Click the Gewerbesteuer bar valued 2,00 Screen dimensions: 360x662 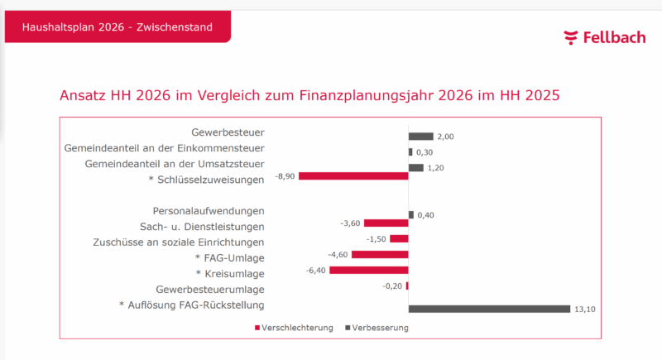pos(420,136)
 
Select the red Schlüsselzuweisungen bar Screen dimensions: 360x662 pos(353,176)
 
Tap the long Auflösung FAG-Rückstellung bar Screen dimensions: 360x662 pos(489,309)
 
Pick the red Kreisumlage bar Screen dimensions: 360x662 pos(369,270)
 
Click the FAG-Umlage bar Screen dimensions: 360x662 pos(380,254)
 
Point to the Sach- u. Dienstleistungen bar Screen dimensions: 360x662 pos(386,223)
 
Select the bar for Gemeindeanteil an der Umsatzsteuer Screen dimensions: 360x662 pos(415,168)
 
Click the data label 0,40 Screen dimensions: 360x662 pos(425,215)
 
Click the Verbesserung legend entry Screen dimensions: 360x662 pos(377,328)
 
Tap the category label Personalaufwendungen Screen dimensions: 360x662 pos(209,211)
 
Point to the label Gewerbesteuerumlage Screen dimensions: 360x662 pos(210,289)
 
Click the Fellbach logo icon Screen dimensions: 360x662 pos(571,37)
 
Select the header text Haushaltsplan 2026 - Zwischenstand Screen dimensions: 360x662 pos(117,27)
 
